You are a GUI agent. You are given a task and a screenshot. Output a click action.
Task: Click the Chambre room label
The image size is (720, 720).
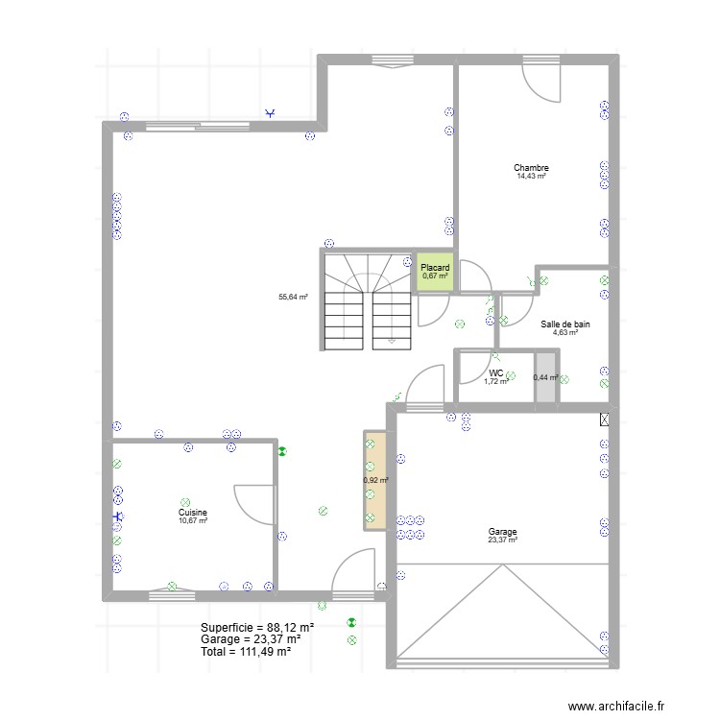coord(531,168)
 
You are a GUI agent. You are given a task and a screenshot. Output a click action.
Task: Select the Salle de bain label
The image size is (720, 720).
coord(564,324)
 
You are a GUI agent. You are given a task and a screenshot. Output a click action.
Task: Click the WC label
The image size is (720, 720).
coord(495,373)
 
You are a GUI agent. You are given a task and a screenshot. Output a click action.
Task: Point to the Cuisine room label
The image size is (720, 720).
coord(192,513)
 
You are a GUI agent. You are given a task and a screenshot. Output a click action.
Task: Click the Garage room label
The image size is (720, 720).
coord(502,532)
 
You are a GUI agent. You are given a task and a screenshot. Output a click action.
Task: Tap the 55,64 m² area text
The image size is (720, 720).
coord(293,298)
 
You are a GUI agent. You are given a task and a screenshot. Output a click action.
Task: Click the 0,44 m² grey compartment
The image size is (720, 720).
coord(546,377)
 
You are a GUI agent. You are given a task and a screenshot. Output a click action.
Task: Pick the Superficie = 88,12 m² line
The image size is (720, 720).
coord(257,626)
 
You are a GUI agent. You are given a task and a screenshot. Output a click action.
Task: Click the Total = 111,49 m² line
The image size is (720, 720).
coord(246,651)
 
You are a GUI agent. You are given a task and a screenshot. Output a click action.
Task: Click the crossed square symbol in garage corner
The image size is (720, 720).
coord(604,419)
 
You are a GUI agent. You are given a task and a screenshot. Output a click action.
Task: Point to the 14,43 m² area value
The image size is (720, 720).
coord(531,177)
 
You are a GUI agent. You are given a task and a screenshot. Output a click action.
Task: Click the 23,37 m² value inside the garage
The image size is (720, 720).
coord(502,540)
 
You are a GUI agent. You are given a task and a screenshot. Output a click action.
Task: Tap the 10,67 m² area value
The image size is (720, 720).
coord(192,521)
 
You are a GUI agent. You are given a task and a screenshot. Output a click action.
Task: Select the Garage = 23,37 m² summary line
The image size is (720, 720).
coord(251,638)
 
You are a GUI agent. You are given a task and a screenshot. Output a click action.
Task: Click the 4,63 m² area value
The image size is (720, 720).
coord(564,333)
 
